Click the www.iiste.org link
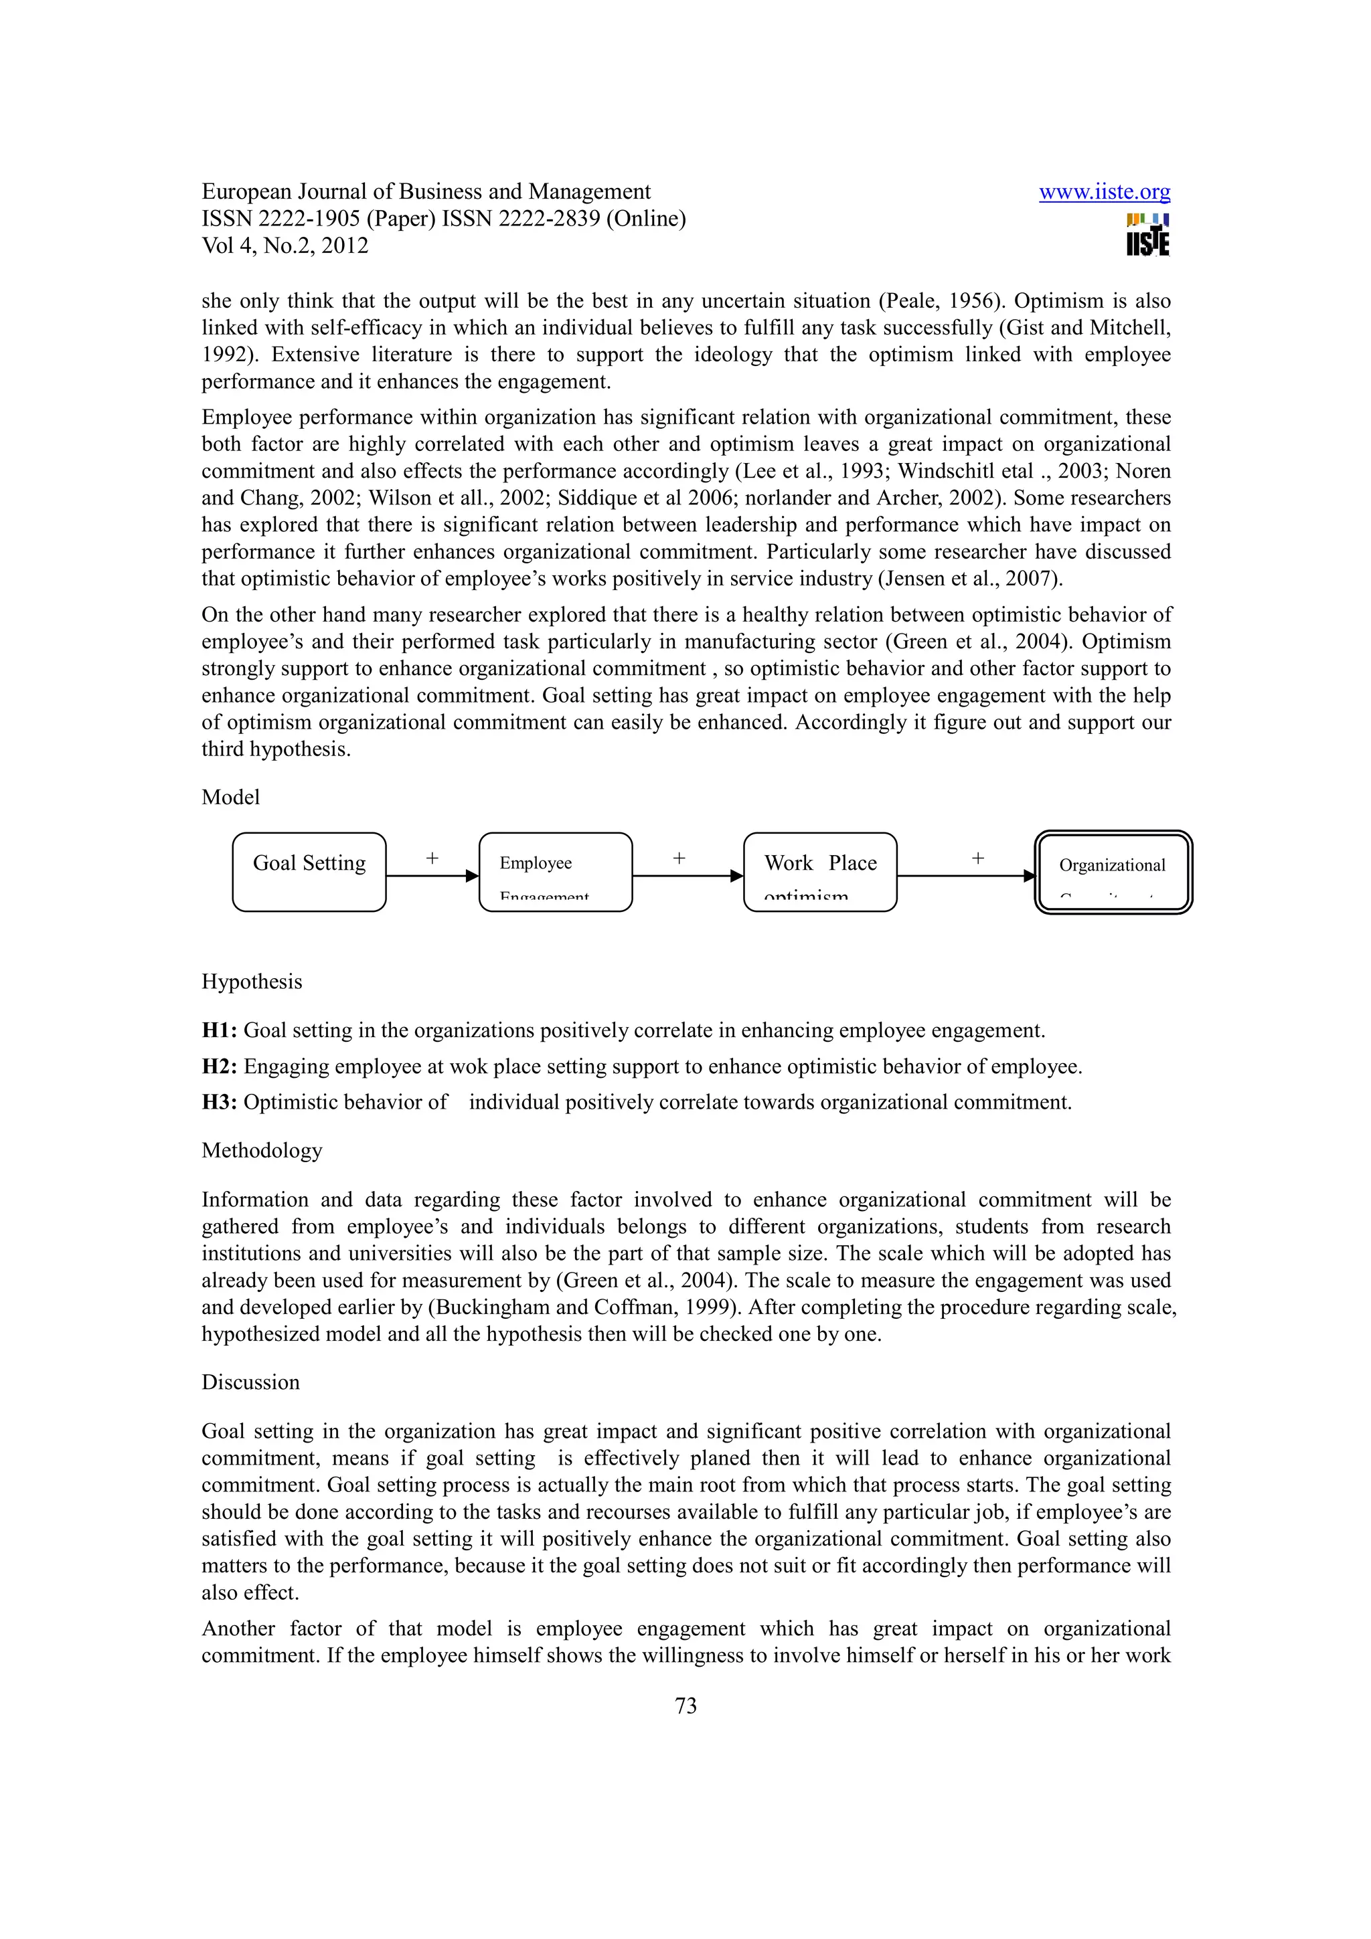(1103, 193)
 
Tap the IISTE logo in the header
(1147, 235)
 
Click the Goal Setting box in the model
(309, 872)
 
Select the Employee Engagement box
(555, 872)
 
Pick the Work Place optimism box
(819, 872)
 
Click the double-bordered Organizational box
(1113, 872)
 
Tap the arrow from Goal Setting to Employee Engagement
(432, 876)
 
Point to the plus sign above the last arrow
(977, 858)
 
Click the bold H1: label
(219, 1030)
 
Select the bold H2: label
(219, 1067)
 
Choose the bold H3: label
(219, 1102)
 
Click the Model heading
(230, 798)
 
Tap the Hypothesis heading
(252, 982)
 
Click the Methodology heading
(262, 1150)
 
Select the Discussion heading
(251, 1382)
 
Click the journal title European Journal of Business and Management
(426, 192)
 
